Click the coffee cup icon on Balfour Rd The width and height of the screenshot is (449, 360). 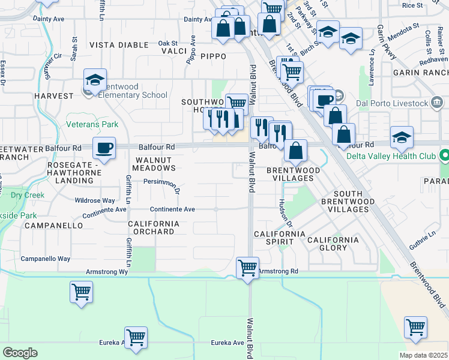pyautogui.click(x=104, y=148)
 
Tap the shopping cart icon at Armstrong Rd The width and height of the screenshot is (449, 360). pyautogui.click(x=247, y=268)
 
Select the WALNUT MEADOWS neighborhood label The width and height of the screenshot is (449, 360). pyautogui.click(x=155, y=164)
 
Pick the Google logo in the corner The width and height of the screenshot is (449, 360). pyautogui.click(x=20, y=352)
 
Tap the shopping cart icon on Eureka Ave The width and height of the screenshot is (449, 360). pyautogui.click(x=136, y=338)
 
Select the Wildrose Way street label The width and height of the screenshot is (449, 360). pyautogui.click(x=95, y=200)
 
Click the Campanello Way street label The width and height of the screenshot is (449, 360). pyautogui.click(x=46, y=259)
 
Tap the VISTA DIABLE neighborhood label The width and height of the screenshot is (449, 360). pyautogui.click(x=119, y=45)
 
